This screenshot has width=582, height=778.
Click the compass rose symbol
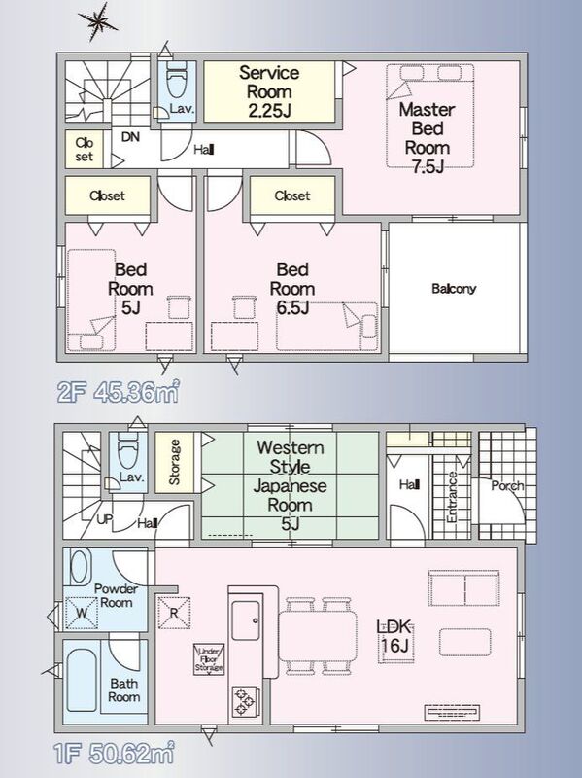[98, 21]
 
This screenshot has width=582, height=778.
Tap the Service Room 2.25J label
[269, 91]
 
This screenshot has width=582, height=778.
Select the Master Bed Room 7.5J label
[428, 137]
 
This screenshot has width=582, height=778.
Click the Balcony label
[454, 288]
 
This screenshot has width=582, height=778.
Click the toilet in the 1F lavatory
[127, 450]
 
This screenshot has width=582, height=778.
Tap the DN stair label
[130, 136]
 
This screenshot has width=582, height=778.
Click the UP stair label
[105, 519]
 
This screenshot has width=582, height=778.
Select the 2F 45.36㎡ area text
[118, 393]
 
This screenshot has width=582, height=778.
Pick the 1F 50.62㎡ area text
[114, 755]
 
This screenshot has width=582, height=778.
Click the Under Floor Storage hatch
[209, 659]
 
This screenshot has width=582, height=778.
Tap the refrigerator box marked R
[174, 613]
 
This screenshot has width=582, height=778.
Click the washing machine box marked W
[82, 613]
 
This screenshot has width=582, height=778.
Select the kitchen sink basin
[247, 620]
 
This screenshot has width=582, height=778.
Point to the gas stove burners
[246, 701]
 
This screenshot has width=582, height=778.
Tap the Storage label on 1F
[174, 462]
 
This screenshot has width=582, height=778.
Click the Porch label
[507, 485]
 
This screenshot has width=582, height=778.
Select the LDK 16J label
[395, 637]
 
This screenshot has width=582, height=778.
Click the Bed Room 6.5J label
[292, 288]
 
